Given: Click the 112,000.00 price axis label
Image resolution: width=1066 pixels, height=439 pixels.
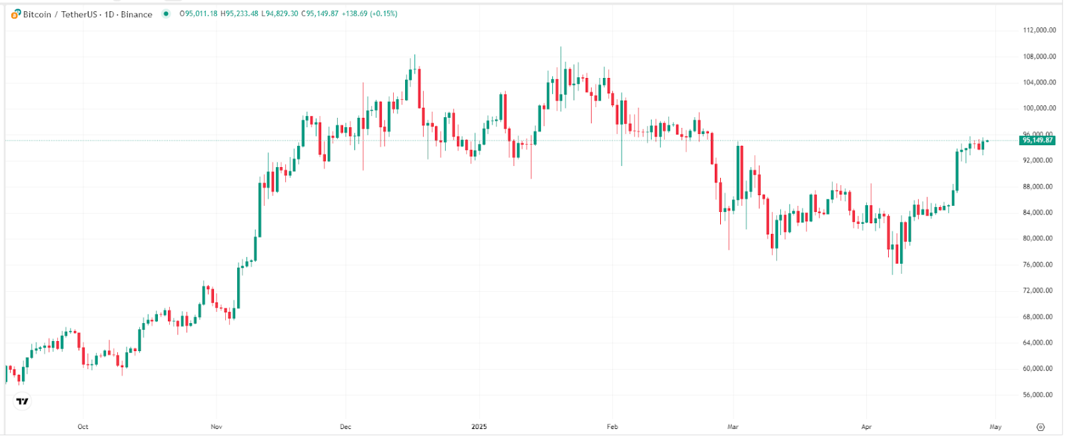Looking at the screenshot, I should [x=1039, y=30].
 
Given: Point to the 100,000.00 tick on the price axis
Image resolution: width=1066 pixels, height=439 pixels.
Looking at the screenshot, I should [x=1039, y=108].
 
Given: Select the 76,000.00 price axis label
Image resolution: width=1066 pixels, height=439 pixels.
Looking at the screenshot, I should [x=1039, y=264].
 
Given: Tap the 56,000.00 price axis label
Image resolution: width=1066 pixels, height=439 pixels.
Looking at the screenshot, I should [x=1039, y=395].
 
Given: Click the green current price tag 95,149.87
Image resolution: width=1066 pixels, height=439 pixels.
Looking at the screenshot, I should [x=1037, y=141].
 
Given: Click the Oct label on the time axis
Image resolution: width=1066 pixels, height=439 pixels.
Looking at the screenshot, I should [x=83, y=427].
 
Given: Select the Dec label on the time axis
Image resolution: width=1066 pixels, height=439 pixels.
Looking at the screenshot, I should [x=345, y=427].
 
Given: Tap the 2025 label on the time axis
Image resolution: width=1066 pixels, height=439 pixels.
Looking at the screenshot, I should [x=479, y=427].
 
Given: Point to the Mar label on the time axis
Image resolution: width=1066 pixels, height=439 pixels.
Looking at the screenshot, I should [x=733, y=427].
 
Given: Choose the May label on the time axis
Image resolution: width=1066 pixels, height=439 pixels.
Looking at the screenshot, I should [x=995, y=427].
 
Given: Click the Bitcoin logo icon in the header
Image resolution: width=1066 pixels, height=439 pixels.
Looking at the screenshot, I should [x=16, y=14].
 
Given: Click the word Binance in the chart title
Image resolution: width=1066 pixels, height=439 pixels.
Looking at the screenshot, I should [x=137, y=14].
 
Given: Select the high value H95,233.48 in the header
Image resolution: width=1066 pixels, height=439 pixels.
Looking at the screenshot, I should [x=239, y=13].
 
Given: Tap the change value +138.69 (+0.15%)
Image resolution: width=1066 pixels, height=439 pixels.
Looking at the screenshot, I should [x=369, y=13].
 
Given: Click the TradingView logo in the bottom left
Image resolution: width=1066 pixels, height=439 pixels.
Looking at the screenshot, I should [x=23, y=401].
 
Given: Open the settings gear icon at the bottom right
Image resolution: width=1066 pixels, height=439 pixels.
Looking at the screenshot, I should [x=1041, y=427].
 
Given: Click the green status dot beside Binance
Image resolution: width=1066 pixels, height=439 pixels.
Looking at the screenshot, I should [x=166, y=13].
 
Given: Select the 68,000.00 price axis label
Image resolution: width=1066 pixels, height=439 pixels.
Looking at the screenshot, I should [x=1039, y=317].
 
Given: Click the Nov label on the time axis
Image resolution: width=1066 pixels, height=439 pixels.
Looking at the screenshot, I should [x=216, y=427].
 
